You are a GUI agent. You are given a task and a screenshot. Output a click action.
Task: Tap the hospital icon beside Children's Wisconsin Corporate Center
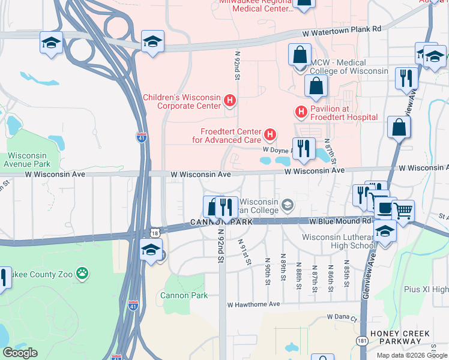click(229, 101)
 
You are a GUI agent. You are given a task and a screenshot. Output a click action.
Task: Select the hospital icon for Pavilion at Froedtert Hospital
click(301, 112)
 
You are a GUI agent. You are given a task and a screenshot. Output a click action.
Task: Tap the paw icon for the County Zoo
click(82, 274)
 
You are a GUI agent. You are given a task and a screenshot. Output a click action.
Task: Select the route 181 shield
click(362, 341)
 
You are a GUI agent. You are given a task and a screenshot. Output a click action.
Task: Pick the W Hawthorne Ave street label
click(253, 305)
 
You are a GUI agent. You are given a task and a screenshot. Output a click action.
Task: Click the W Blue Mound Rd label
click(337, 221)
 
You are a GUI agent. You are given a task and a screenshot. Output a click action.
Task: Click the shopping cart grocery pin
click(403, 211)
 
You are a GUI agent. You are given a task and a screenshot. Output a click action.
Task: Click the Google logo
click(20, 353)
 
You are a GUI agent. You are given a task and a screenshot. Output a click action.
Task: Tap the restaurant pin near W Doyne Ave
click(303, 148)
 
